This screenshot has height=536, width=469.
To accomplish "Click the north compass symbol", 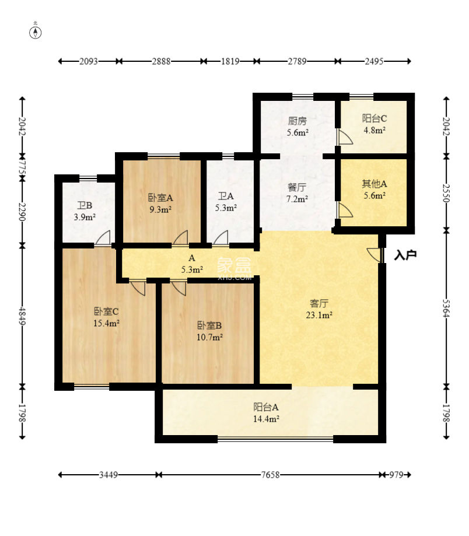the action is tap(36, 31).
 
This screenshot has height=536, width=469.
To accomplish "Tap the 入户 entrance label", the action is tap(405, 255).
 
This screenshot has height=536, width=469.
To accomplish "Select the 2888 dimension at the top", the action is tap(162, 61).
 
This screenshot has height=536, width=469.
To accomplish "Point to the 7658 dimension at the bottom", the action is tap(271, 475).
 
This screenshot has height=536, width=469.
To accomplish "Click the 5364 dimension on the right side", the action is tap(446, 309).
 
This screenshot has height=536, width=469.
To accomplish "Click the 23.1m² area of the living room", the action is tap(319, 315).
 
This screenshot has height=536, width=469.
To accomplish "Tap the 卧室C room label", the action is tap(106, 311).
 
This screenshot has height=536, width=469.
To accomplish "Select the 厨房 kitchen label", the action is tap(297, 121).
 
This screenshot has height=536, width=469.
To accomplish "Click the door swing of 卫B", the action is tap(103, 237).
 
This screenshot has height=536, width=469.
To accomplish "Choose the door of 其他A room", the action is tap(345, 210).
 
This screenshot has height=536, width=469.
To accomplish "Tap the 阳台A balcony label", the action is tap(266, 407).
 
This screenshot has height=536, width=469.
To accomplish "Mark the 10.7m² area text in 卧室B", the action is tap(210, 337).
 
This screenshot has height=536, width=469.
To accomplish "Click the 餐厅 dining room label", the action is tap(297, 187).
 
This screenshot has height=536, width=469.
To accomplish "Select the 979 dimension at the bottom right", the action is tap(396, 475).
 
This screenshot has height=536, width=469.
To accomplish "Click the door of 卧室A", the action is tap(180, 238).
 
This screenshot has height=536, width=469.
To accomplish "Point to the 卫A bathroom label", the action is tap(226, 196).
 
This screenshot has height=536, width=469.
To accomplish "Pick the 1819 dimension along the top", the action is tap(230, 61).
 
